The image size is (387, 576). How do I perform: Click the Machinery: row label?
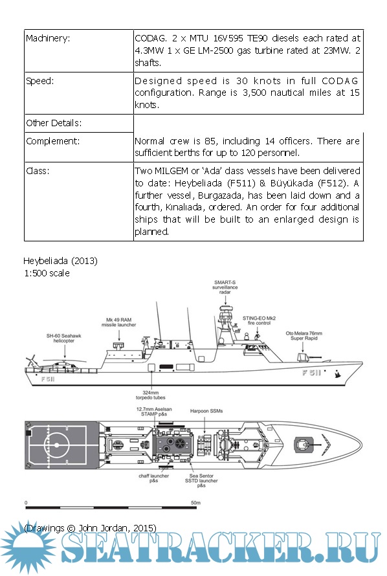(x=48, y=38)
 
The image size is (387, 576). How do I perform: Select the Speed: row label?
(x=39, y=81)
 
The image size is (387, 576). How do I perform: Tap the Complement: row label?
(x=52, y=141)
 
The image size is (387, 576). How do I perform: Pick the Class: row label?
(x=38, y=171)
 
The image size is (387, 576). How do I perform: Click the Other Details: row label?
(x=54, y=123)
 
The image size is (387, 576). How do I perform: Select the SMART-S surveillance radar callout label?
(x=225, y=287)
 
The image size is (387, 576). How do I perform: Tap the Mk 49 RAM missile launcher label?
(x=118, y=322)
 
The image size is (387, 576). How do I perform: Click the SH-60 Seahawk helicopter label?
(x=63, y=338)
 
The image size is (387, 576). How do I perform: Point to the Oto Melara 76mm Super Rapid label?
(x=304, y=336)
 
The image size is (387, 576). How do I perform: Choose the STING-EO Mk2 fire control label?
(x=259, y=320)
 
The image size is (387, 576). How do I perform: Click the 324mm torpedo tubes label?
(x=151, y=395)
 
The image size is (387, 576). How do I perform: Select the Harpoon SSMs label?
(x=206, y=411)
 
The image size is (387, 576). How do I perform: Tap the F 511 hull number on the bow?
(x=311, y=373)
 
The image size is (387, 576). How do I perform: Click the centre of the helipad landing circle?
(x=56, y=445)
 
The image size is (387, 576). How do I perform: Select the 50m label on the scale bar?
(x=195, y=502)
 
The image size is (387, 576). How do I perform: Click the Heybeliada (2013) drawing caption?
(x=61, y=261)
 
